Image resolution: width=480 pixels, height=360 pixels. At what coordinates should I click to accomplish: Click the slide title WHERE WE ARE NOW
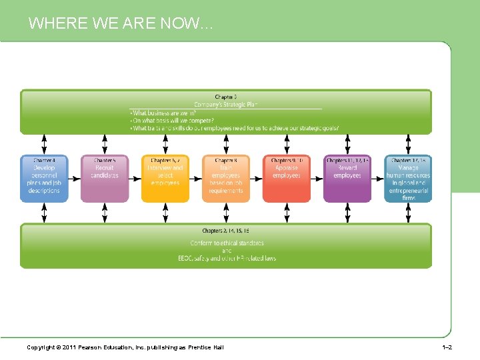point(120,24)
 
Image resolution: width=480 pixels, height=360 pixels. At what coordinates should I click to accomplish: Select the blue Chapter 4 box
point(44,179)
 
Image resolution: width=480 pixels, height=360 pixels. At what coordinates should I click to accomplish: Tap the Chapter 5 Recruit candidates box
point(105,179)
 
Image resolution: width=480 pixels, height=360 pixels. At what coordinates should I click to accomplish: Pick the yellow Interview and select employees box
point(165,179)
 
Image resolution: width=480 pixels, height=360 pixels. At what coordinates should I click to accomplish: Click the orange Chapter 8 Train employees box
point(226,179)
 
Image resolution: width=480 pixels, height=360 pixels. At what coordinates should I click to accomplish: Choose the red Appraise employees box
point(287,179)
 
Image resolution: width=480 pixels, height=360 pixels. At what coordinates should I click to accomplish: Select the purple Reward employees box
point(347,179)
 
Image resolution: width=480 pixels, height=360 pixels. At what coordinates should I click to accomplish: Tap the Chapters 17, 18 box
point(408,179)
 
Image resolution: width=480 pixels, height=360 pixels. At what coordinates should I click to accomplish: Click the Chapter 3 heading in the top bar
point(225,97)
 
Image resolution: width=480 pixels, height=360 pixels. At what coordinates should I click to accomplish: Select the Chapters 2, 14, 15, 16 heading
point(226,231)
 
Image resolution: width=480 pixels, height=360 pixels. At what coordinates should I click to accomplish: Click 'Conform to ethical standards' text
point(227,243)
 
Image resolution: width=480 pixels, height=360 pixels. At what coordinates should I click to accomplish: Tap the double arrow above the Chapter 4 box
point(44,145)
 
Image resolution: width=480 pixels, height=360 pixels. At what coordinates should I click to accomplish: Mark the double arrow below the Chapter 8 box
point(226,213)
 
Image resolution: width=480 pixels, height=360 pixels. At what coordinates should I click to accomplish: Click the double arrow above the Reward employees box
point(347,145)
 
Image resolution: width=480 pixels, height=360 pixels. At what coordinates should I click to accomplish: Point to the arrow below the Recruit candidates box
point(105,213)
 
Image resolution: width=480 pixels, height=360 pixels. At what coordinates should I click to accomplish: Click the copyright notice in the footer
point(125,347)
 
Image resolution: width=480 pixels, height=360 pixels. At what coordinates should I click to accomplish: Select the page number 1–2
point(447,347)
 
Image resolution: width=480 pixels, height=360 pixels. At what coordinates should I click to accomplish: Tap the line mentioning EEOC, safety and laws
point(227,258)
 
